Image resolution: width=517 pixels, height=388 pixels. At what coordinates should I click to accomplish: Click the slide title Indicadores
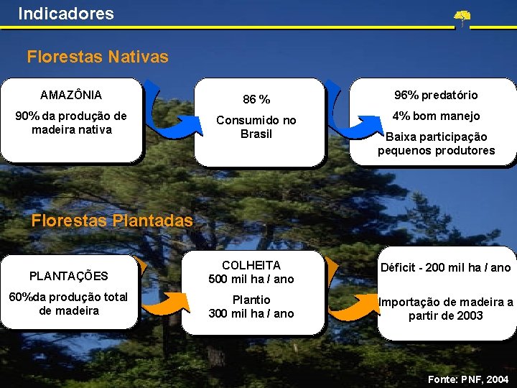[66, 13]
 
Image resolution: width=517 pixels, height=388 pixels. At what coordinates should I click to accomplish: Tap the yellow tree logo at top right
[462, 18]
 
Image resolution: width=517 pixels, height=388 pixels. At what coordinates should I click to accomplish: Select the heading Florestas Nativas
[98, 56]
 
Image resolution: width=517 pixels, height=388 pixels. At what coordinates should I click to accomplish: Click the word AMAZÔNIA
[71, 95]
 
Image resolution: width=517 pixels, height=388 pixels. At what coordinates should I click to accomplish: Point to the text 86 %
[256, 99]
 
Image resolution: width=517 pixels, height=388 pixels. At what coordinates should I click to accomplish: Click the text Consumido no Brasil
[256, 127]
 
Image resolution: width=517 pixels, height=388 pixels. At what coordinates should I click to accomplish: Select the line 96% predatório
[436, 95]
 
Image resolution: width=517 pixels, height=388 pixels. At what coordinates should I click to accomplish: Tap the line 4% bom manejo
[436, 116]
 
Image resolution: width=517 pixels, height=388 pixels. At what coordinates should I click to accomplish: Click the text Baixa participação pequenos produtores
[436, 144]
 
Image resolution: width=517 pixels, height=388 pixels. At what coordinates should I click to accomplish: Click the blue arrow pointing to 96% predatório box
[352, 122]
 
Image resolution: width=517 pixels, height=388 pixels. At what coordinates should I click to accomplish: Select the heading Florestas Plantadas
[112, 221]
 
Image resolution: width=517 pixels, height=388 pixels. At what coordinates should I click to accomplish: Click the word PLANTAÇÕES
[69, 276]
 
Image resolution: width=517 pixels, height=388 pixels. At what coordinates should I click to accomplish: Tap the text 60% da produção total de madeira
[69, 304]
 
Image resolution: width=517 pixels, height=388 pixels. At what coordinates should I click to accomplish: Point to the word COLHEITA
[251, 266]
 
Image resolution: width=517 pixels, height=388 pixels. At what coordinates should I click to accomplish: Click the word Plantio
[251, 300]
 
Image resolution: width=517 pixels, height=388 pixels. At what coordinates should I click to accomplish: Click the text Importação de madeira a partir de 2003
[446, 309]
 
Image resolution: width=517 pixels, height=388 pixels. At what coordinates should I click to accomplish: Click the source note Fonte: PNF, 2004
[467, 378]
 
